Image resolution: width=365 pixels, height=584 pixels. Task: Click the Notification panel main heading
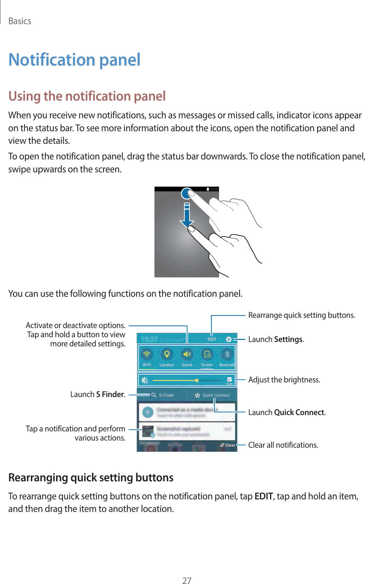tap(74, 60)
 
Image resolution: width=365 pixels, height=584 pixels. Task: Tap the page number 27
tap(187, 580)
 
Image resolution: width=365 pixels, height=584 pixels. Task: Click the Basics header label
tap(20, 21)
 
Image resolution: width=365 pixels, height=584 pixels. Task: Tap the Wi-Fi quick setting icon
tap(147, 355)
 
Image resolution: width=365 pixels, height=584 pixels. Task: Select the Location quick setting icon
tap(167, 355)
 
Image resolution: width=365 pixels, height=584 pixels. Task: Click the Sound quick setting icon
tap(187, 355)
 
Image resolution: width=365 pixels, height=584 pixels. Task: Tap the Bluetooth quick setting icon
tap(227, 355)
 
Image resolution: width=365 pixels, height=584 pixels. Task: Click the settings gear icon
tap(229, 339)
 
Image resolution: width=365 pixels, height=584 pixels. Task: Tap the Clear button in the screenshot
tap(228, 445)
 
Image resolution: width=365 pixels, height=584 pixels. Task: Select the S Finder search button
tap(163, 395)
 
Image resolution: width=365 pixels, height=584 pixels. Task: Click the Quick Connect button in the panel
tap(212, 395)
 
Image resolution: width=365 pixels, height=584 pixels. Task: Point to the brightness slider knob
tap(197, 380)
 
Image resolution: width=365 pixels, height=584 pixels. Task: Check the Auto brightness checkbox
tap(230, 379)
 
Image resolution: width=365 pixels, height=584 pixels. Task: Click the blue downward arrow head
tap(187, 223)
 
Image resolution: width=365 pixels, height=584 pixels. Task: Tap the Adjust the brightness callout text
tap(284, 380)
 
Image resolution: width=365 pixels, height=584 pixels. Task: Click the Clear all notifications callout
tap(283, 445)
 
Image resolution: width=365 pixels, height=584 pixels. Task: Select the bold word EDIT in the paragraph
tap(264, 496)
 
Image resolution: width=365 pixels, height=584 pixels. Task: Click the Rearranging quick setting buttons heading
tap(91, 478)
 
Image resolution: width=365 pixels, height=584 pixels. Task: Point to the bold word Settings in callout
tap(288, 339)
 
